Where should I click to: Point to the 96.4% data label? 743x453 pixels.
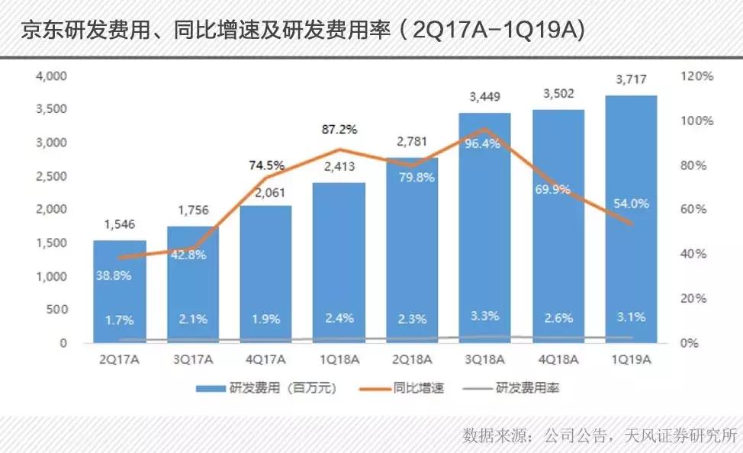point(485,143)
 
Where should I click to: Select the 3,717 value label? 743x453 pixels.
point(631,80)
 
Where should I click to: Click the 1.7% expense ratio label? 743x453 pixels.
point(119,320)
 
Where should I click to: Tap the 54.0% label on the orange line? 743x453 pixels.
point(631,204)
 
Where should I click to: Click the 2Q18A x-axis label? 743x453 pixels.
point(412,359)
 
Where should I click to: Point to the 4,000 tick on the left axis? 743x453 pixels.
point(52,76)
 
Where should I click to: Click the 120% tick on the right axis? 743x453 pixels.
point(697,76)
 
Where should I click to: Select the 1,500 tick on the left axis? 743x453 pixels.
point(52,243)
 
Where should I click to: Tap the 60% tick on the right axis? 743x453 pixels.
point(693,210)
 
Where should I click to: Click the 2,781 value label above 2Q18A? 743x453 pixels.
point(412,142)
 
